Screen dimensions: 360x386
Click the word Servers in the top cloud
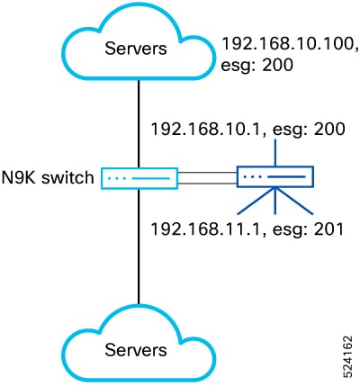pyautogui.click(x=136, y=49)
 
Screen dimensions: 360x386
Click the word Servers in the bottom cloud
pyautogui.click(x=136, y=350)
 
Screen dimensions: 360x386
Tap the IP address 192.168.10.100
pyautogui.click(x=290, y=44)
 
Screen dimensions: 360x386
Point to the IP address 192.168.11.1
pyautogui.click(x=204, y=229)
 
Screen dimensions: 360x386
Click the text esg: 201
pyautogui.click(x=308, y=230)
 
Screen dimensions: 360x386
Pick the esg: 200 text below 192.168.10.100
pyautogui.click(x=256, y=65)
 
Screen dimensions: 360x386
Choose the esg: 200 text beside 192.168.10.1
pyautogui.click(x=309, y=130)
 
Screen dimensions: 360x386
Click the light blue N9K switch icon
pyautogui.click(x=139, y=178)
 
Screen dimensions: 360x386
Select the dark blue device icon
pyautogui.click(x=275, y=177)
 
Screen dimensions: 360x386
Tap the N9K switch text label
pyautogui.click(x=48, y=177)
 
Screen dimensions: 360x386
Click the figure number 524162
pyautogui.click(x=348, y=355)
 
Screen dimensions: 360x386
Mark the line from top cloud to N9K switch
pyautogui.click(x=139, y=124)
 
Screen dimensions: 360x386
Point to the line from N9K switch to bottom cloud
pyautogui.click(x=139, y=247)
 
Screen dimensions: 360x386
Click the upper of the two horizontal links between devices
pyautogui.click(x=208, y=173)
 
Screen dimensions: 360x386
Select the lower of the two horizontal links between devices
pyautogui.click(x=208, y=183)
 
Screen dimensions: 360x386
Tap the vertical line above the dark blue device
pyautogui.click(x=275, y=152)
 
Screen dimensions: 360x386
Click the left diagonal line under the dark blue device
pyautogui.click(x=256, y=201)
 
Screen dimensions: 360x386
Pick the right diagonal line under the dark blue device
pyautogui.click(x=294, y=201)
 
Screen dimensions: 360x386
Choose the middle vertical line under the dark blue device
pyautogui.click(x=275, y=201)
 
